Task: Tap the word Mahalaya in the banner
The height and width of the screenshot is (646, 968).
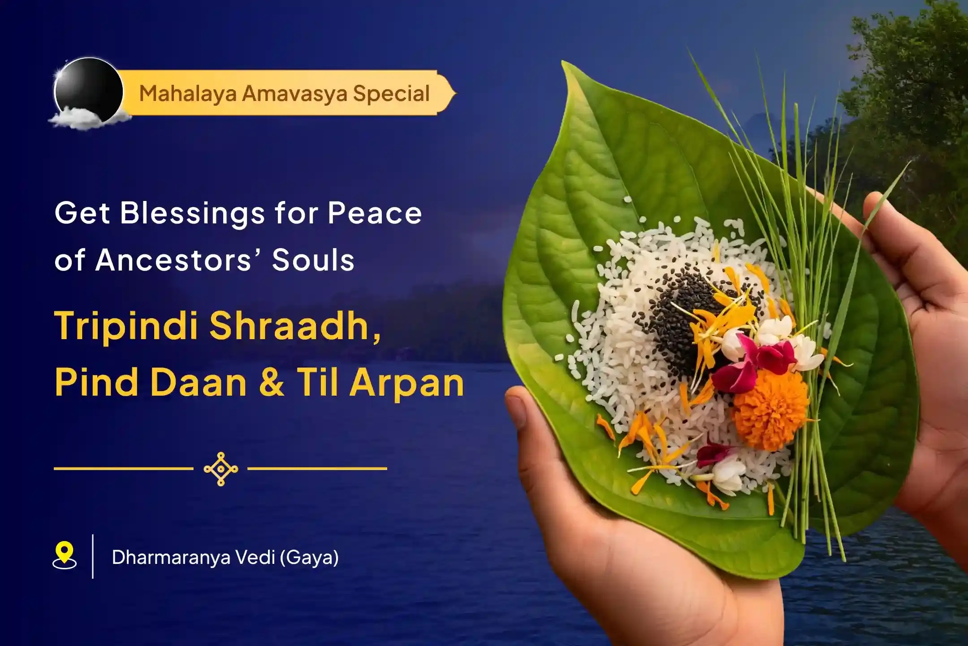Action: pyautogui.click(x=187, y=94)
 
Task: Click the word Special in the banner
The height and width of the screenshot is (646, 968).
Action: pyautogui.click(x=391, y=93)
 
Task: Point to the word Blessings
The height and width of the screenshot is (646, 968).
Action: pyautogui.click(x=192, y=214)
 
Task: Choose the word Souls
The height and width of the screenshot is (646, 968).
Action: pyautogui.click(x=313, y=260)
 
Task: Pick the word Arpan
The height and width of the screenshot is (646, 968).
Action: pyautogui.click(x=407, y=383)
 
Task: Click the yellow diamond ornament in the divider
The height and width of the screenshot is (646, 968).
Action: pyautogui.click(x=220, y=469)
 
